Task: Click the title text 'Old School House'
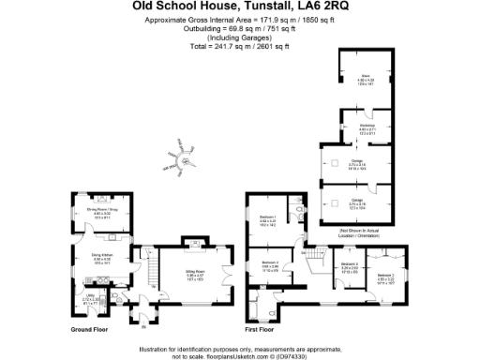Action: (177, 6)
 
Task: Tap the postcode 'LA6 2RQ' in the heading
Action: (320, 6)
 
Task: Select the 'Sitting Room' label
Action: (194, 274)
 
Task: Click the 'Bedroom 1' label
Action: (266, 218)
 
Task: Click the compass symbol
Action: (185, 161)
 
